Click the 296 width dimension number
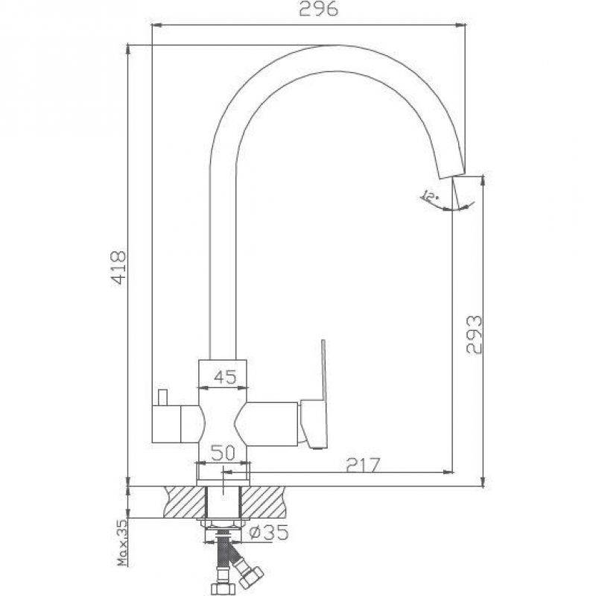(x=318, y=9)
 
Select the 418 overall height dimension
(x=118, y=267)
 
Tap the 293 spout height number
(x=474, y=335)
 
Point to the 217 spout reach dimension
(x=363, y=465)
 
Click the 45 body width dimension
(x=225, y=377)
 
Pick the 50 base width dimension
(x=223, y=453)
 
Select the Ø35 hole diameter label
(x=268, y=532)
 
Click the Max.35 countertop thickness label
(x=122, y=542)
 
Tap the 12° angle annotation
(x=430, y=197)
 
